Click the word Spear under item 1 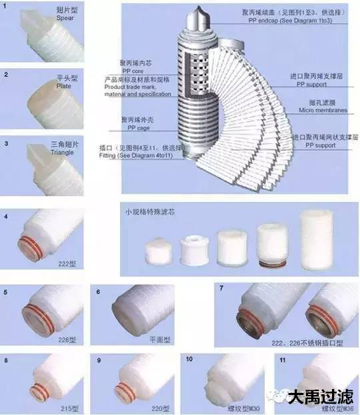click(x=65, y=19)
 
